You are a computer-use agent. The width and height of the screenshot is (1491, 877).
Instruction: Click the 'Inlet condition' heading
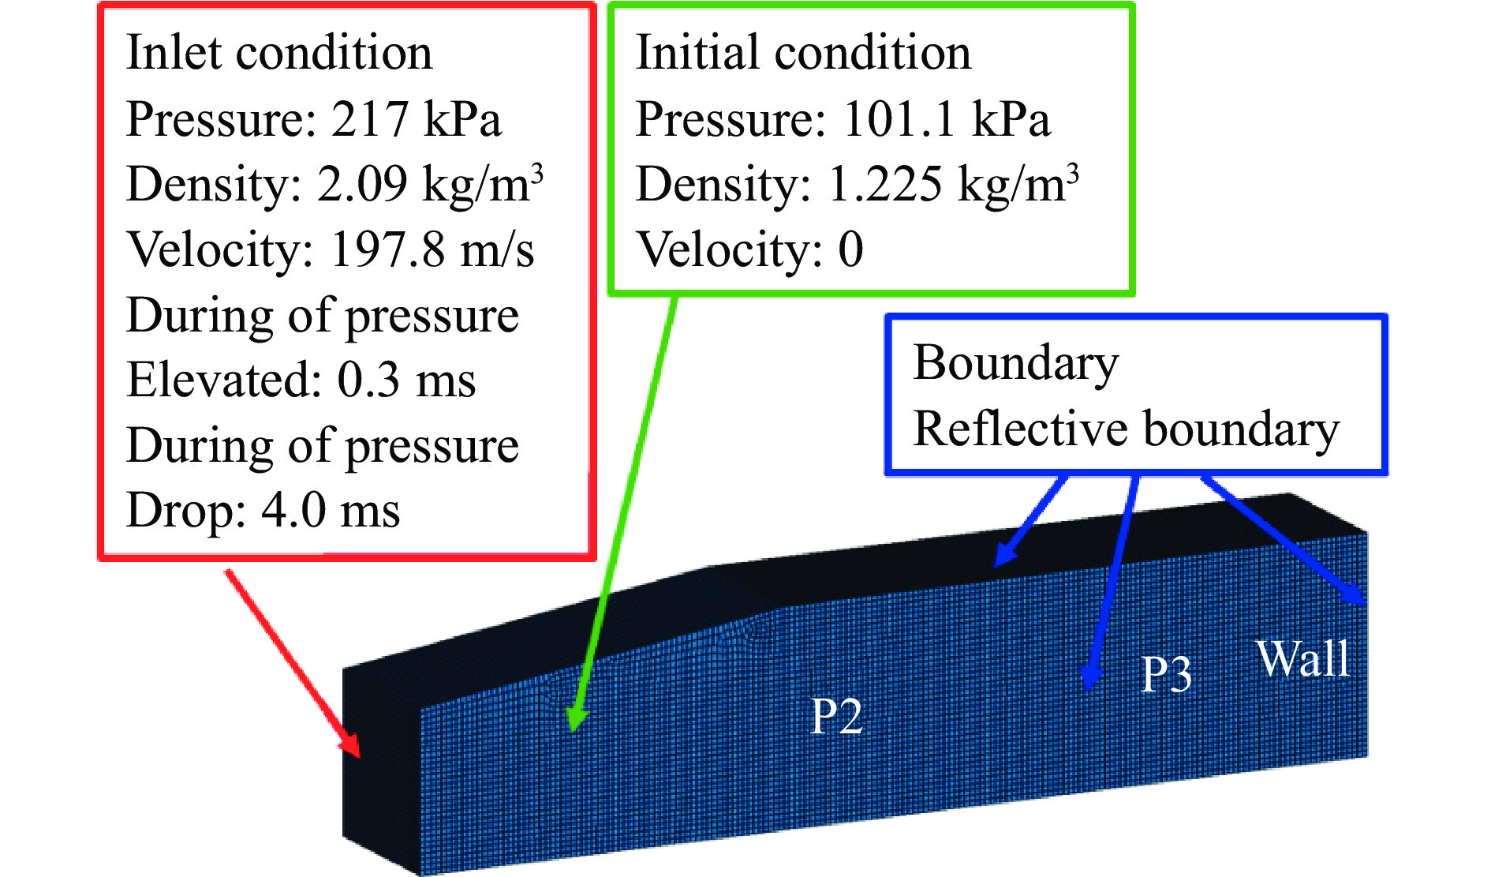click(279, 53)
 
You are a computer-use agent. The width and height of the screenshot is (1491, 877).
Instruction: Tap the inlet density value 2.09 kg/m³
click(431, 184)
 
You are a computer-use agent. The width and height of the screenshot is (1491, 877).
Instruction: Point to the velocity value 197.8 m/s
click(432, 250)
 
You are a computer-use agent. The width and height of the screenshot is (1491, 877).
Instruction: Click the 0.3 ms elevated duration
click(406, 380)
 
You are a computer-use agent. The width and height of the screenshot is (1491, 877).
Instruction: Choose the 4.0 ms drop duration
click(331, 510)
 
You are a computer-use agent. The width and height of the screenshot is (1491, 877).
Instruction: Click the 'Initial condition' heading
click(803, 53)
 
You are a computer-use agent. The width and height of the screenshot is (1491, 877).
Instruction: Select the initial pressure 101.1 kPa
click(947, 119)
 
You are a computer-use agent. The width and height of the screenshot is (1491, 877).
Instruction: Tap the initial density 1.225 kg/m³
click(953, 184)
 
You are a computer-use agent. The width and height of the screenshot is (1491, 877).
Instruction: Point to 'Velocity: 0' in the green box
click(749, 250)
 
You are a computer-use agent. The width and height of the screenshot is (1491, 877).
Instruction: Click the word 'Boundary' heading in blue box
click(1016, 364)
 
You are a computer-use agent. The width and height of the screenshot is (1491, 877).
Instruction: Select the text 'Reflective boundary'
click(1127, 429)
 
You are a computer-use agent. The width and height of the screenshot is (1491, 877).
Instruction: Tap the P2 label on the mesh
click(837, 717)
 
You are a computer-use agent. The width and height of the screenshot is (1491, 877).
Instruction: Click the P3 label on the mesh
click(1167, 674)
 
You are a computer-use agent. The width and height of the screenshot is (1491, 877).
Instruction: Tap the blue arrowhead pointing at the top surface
click(1003, 556)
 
